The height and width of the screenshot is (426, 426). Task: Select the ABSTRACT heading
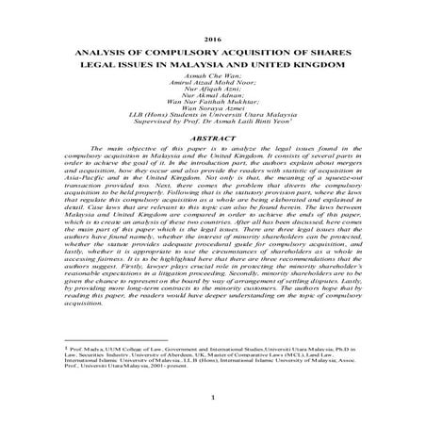(x=212, y=150)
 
